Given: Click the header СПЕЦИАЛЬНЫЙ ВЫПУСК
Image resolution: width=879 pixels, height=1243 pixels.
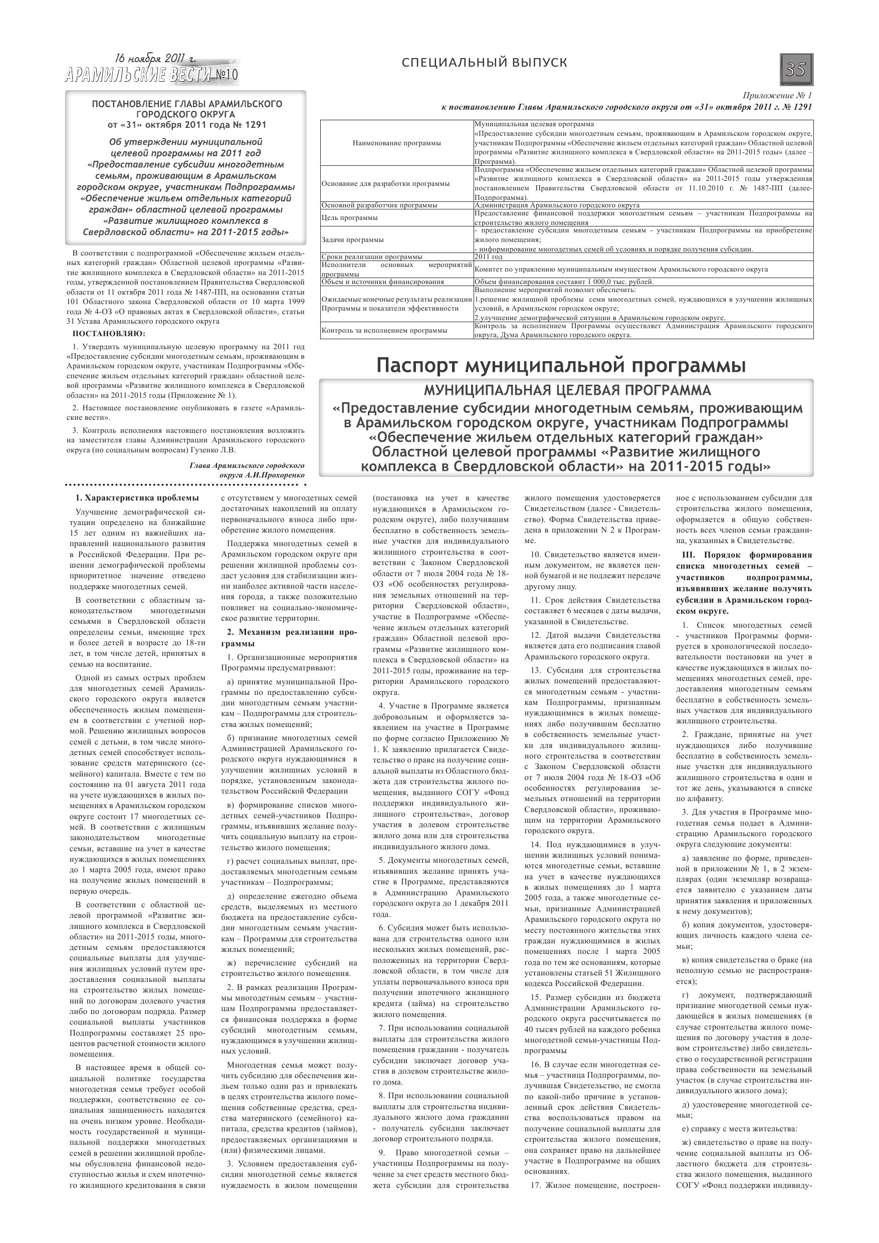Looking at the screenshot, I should [x=485, y=63].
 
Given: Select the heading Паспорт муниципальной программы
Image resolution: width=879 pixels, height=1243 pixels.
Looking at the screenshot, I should [x=561, y=366].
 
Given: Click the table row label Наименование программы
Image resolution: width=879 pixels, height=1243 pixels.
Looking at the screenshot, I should [x=396, y=143].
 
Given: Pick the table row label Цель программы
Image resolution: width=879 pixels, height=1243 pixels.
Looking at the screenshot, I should [x=349, y=217].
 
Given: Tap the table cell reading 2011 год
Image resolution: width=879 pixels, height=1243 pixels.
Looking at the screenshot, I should [x=489, y=257].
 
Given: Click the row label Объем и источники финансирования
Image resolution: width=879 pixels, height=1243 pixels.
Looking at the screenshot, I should [x=382, y=282].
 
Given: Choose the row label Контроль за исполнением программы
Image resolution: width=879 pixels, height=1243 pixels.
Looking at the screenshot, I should [x=384, y=330].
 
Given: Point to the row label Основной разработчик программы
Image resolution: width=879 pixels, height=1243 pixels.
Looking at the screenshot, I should [x=379, y=205].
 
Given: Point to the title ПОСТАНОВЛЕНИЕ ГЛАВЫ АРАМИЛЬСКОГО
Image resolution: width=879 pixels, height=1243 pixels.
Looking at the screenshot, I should [x=187, y=103].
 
